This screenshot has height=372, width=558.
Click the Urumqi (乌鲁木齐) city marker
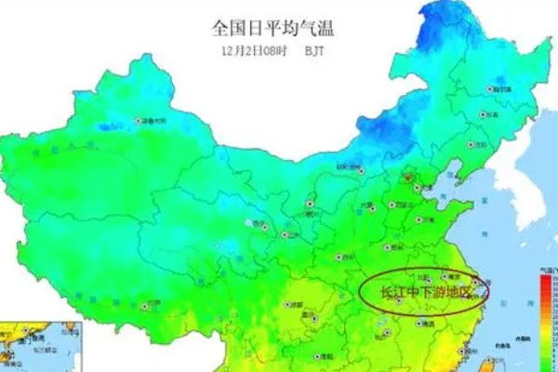tap(142, 121)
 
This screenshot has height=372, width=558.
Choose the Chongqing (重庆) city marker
tap(314, 318)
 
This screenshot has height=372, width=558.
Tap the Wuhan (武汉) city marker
tap(400, 300)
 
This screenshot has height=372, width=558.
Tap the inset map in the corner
tap(37, 350)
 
